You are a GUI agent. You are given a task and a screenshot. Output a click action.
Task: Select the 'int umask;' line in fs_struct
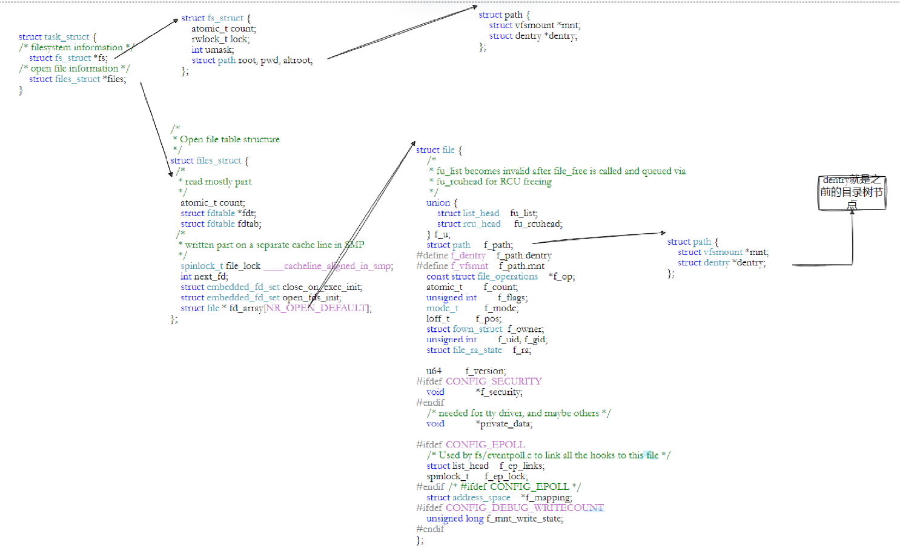point(213,50)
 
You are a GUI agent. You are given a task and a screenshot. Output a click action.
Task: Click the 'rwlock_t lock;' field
point(220,39)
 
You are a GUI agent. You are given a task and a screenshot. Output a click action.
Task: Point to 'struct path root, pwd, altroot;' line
point(252,61)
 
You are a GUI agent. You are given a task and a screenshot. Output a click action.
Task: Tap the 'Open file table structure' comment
point(230,139)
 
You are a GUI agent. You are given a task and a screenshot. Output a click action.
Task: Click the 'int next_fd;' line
point(204,276)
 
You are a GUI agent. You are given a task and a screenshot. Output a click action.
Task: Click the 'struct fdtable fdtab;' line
point(220,224)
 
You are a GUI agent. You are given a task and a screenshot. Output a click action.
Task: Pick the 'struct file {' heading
point(438,150)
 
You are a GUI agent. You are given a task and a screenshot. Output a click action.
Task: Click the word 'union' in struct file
point(438,203)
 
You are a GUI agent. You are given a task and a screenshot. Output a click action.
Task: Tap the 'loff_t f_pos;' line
point(463,318)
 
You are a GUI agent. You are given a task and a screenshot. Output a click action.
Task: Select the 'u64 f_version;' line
point(466,371)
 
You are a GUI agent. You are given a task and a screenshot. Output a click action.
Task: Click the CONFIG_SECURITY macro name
point(494,381)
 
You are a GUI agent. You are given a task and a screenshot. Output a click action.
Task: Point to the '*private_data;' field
point(504,424)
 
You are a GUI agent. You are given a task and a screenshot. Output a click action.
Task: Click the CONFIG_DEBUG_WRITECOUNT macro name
point(524,508)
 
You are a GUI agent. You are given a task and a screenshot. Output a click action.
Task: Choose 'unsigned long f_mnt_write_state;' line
point(494,519)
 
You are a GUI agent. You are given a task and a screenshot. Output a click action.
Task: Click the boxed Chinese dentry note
point(852,193)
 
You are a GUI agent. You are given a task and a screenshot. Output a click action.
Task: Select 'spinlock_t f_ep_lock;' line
point(477,477)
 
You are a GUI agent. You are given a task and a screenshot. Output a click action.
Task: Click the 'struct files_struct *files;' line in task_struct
point(78,79)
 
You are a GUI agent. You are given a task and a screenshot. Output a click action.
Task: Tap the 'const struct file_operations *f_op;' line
point(500,277)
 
